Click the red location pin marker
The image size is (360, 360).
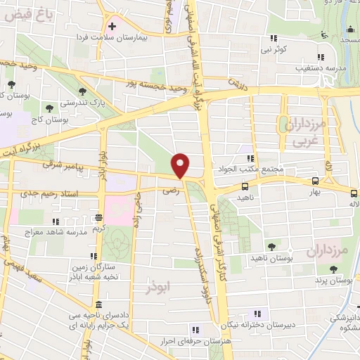coord(181,166)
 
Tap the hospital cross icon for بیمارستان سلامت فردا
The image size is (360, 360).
coord(111,26)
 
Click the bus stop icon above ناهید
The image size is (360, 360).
coord(245,186)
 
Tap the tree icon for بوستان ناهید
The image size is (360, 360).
coord(271,246)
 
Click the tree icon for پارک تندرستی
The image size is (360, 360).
coord(83,91)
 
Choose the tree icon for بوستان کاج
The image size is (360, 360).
coord(49,108)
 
